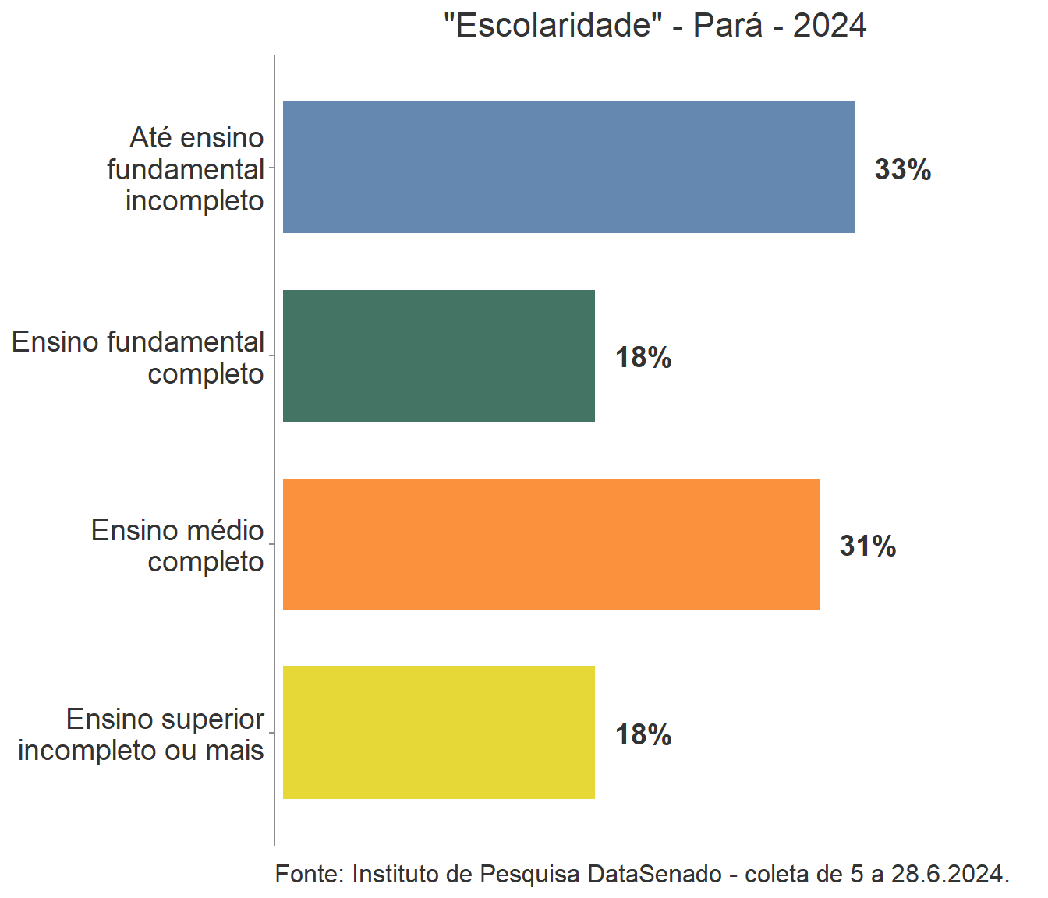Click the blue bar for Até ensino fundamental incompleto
[x=568, y=167]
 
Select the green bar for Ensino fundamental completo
[x=438, y=355]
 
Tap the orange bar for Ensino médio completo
[x=551, y=544]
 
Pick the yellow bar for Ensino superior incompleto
[x=438, y=733]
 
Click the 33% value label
[x=902, y=169]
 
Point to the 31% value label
[x=867, y=546]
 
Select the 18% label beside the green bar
[x=643, y=358]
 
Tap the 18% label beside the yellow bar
[x=643, y=734]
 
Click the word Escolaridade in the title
[x=553, y=26]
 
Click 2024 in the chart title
[x=830, y=26]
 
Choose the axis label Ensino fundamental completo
[x=138, y=358]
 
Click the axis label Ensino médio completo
[x=178, y=546]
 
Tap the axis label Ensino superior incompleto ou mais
[x=141, y=734]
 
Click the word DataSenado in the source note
[x=654, y=874]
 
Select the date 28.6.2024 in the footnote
[x=949, y=874]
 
